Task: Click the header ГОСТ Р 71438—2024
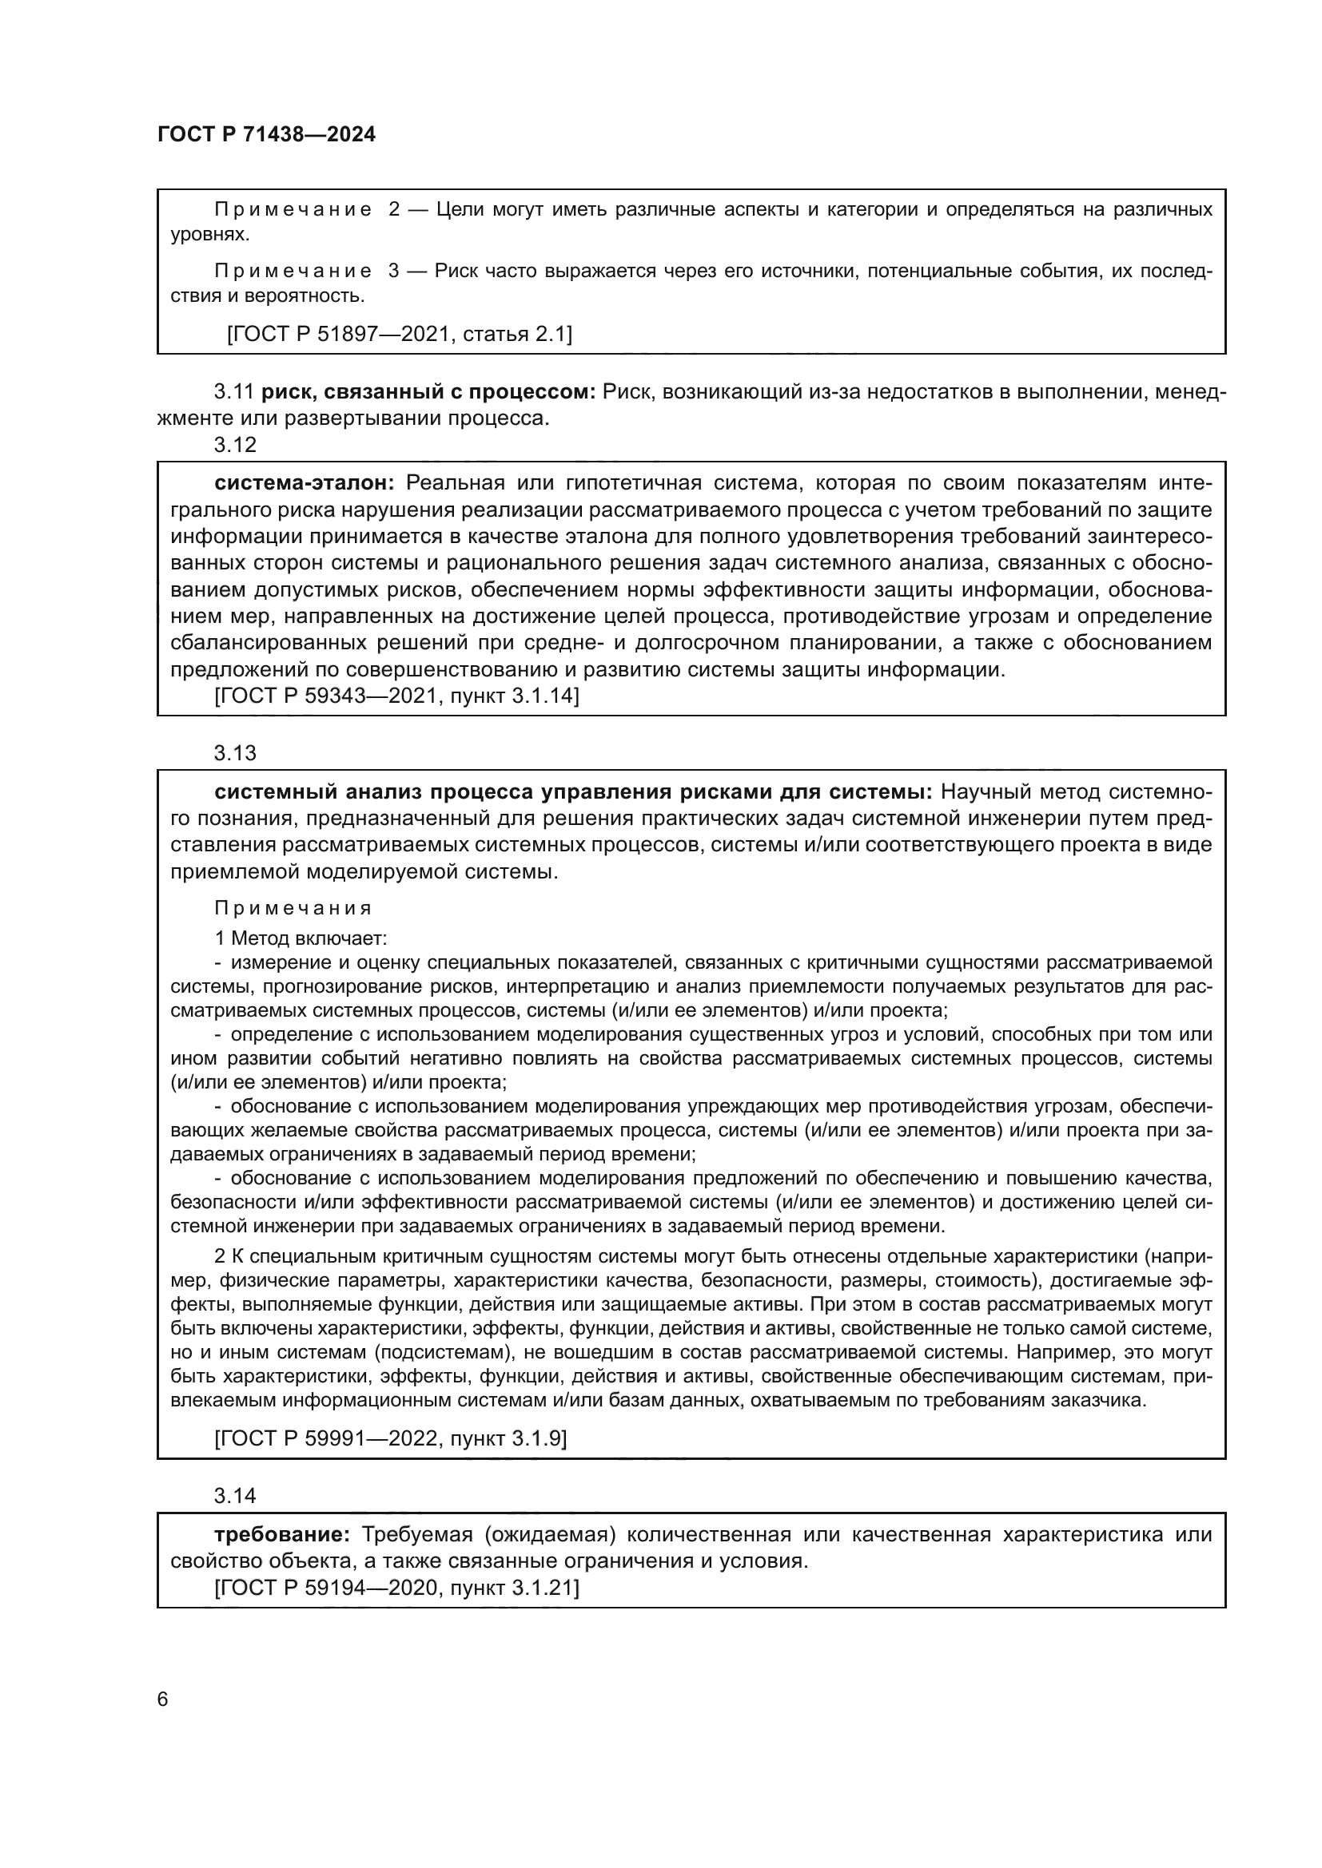(x=266, y=135)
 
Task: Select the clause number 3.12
(x=234, y=445)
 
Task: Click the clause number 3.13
(x=234, y=752)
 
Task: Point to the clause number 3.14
(x=234, y=1495)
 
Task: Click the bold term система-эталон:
(x=305, y=483)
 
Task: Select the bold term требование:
(x=281, y=1534)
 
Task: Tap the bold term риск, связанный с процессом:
(x=429, y=392)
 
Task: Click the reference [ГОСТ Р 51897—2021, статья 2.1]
(x=399, y=334)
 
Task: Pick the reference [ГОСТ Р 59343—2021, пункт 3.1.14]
(x=396, y=696)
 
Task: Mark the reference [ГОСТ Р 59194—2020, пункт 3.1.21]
(x=396, y=1588)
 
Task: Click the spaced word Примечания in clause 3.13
(x=293, y=908)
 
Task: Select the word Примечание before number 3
(x=293, y=271)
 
